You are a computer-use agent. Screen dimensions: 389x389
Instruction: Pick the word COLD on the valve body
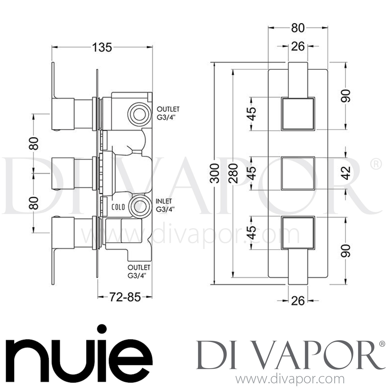tap(118, 207)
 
